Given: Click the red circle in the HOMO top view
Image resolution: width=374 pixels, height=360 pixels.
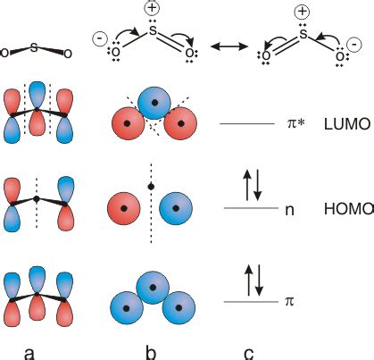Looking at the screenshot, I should [x=124, y=209].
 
